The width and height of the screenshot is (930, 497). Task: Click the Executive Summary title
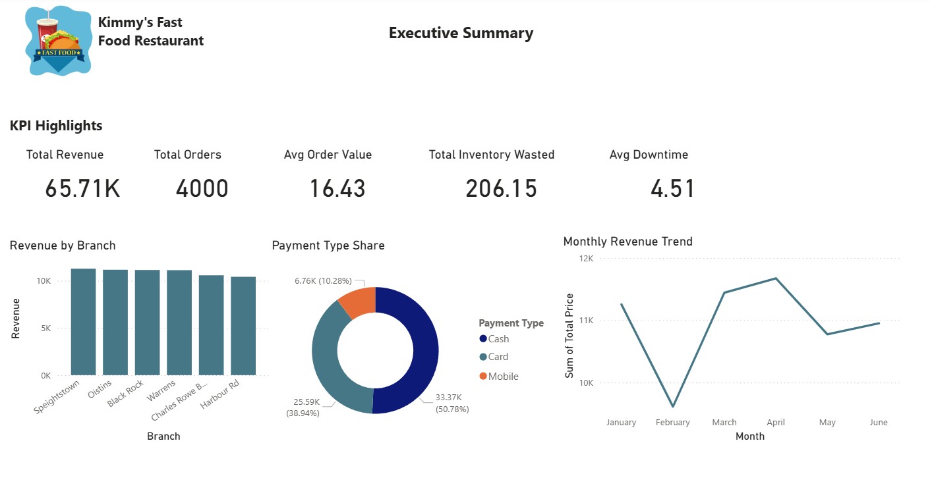[x=461, y=33]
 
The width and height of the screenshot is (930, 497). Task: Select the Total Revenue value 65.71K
[x=82, y=189]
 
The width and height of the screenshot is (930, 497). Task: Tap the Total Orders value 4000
[x=202, y=189]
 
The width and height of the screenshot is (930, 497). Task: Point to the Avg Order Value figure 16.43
[x=337, y=189]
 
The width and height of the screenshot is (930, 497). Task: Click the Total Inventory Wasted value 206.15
[x=501, y=189]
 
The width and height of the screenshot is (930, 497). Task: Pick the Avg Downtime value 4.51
[x=672, y=189]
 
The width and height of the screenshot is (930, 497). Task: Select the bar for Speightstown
[x=83, y=322]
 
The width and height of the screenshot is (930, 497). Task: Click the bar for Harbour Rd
[x=243, y=326]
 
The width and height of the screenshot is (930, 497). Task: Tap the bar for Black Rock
[x=147, y=323]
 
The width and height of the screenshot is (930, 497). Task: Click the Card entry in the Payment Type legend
[x=498, y=357]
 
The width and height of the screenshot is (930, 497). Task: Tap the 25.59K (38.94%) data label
[x=303, y=407]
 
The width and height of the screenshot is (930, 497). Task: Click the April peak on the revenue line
[x=776, y=278]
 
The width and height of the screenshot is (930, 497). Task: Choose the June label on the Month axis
[x=878, y=423]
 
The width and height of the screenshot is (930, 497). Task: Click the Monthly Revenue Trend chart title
[x=627, y=242]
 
